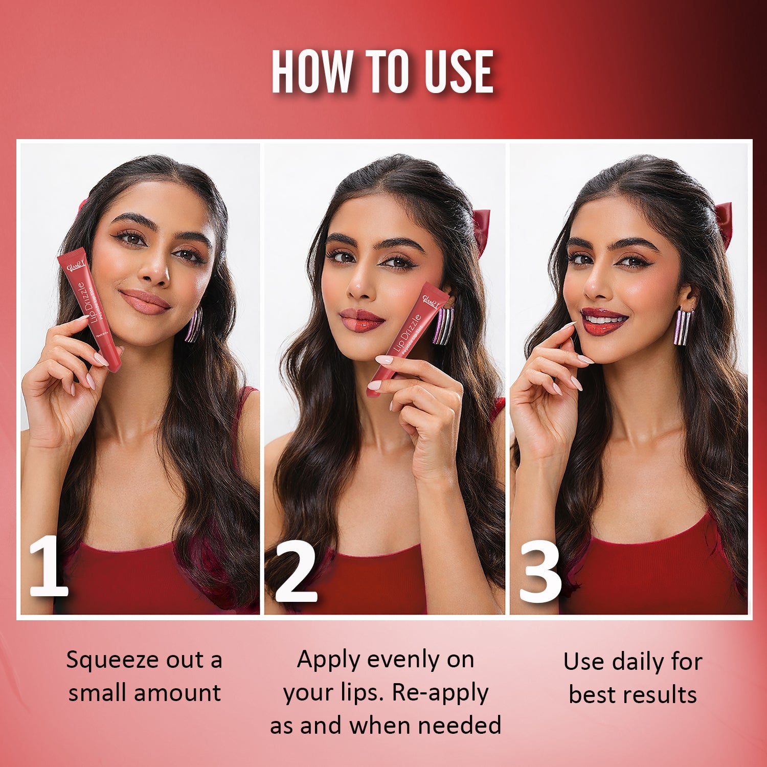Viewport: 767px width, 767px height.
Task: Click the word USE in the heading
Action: (459, 72)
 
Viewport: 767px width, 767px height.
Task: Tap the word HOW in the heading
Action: (312, 72)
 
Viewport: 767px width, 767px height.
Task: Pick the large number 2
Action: (296, 573)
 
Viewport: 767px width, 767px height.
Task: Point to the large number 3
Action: (540, 573)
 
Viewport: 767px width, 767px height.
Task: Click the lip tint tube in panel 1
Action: (89, 307)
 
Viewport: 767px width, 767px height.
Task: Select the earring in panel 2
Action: (443, 326)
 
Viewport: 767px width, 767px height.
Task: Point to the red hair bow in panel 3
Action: (724, 222)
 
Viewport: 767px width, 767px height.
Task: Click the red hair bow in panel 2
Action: (482, 230)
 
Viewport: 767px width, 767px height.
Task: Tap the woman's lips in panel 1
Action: (145, 302)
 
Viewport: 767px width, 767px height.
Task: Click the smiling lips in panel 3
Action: (604, 321)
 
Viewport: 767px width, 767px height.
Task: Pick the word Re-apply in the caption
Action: (440, 693)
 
